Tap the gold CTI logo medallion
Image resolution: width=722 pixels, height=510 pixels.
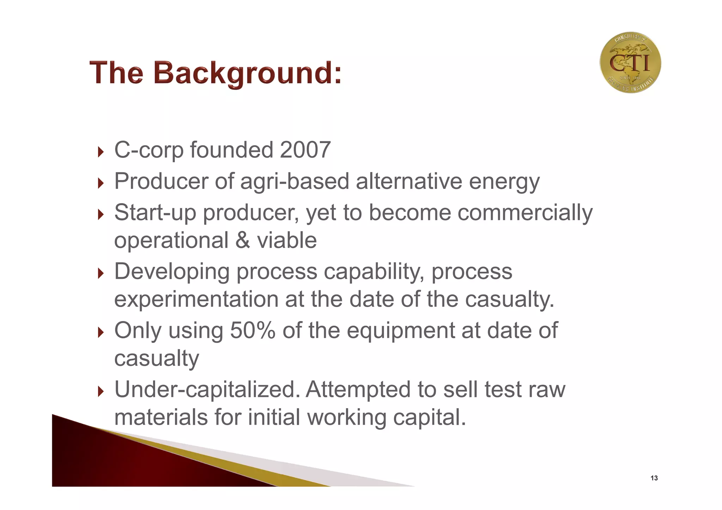630,63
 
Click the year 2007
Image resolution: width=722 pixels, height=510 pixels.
305,150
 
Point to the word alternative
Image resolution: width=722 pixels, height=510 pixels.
409,181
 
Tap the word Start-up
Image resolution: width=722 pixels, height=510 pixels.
155,213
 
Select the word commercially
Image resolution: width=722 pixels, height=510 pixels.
525,213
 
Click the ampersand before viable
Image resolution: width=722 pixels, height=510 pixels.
243,240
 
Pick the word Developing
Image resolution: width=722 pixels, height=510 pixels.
172,272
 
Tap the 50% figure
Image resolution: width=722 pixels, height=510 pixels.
252,331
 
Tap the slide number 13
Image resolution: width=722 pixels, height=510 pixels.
654,478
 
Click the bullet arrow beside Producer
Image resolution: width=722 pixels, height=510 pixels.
101,183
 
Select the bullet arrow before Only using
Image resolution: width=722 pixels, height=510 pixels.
101,332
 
